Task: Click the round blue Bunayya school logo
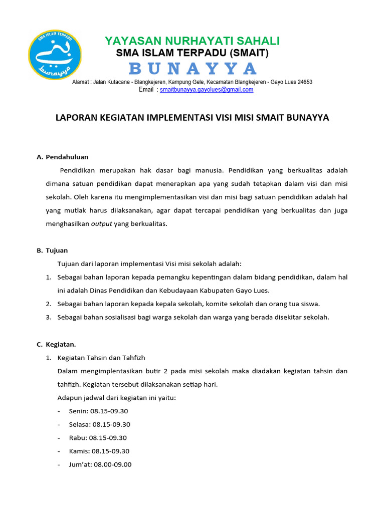[x=55, y=54]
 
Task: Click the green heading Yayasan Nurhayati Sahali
[x=192, y=41]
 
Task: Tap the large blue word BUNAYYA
[x=192, y=68]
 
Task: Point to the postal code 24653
[x=302, y=82]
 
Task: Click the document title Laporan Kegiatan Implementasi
[x=191, y=118]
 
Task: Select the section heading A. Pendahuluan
[x=63, y=157]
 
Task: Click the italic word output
[x=101, y=224]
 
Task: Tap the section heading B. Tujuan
[x=52, y=250]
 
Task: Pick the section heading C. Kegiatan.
[x=56, y=344]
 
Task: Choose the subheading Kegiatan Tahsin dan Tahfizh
[x=101, y=358]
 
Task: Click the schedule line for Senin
[x=99, y=411]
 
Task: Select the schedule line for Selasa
[x=100, y=424]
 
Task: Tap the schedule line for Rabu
[x=98, y=437]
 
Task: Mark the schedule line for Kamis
[x=99, y=451]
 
